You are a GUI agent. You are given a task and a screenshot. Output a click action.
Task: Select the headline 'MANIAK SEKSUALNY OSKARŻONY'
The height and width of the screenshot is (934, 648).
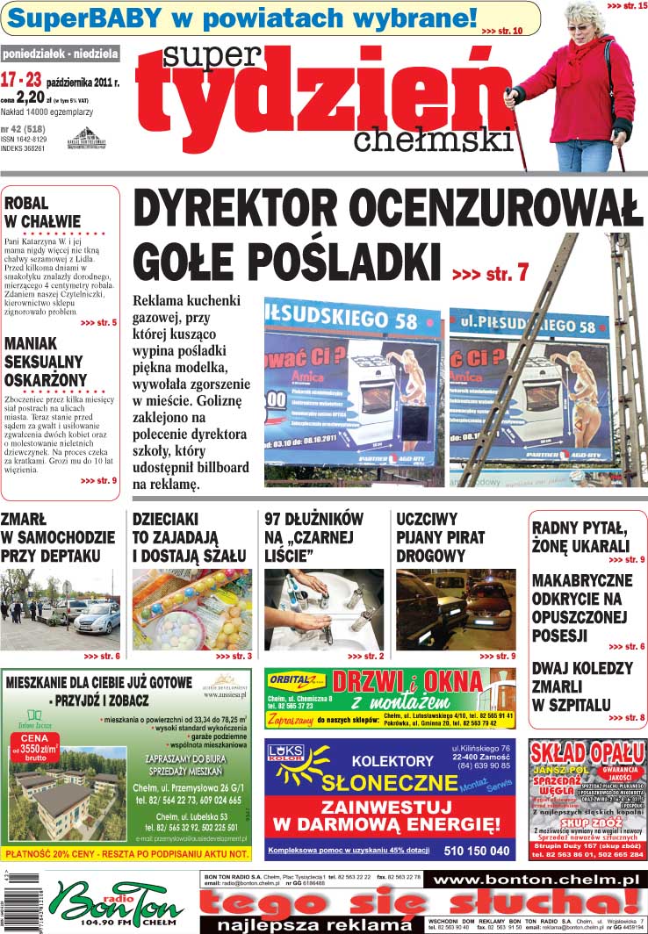point(46,361)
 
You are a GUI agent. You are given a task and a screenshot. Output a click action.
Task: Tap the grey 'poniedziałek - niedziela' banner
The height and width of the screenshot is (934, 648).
point(61,54)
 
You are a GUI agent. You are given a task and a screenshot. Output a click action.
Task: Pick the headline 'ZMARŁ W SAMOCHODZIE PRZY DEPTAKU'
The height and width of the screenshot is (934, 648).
point(57,536)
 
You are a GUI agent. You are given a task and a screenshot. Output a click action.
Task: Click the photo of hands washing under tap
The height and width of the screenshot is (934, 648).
point(322,609)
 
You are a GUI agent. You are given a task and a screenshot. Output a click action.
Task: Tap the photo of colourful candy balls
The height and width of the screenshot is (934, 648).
point(191,609)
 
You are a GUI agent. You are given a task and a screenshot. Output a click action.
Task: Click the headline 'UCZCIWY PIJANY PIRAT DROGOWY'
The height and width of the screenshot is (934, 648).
point(440,536)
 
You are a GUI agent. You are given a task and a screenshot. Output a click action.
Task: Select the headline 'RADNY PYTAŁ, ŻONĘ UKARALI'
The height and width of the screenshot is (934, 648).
point(580,536)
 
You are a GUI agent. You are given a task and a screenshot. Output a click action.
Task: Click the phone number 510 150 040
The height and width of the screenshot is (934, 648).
point(477,851)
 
